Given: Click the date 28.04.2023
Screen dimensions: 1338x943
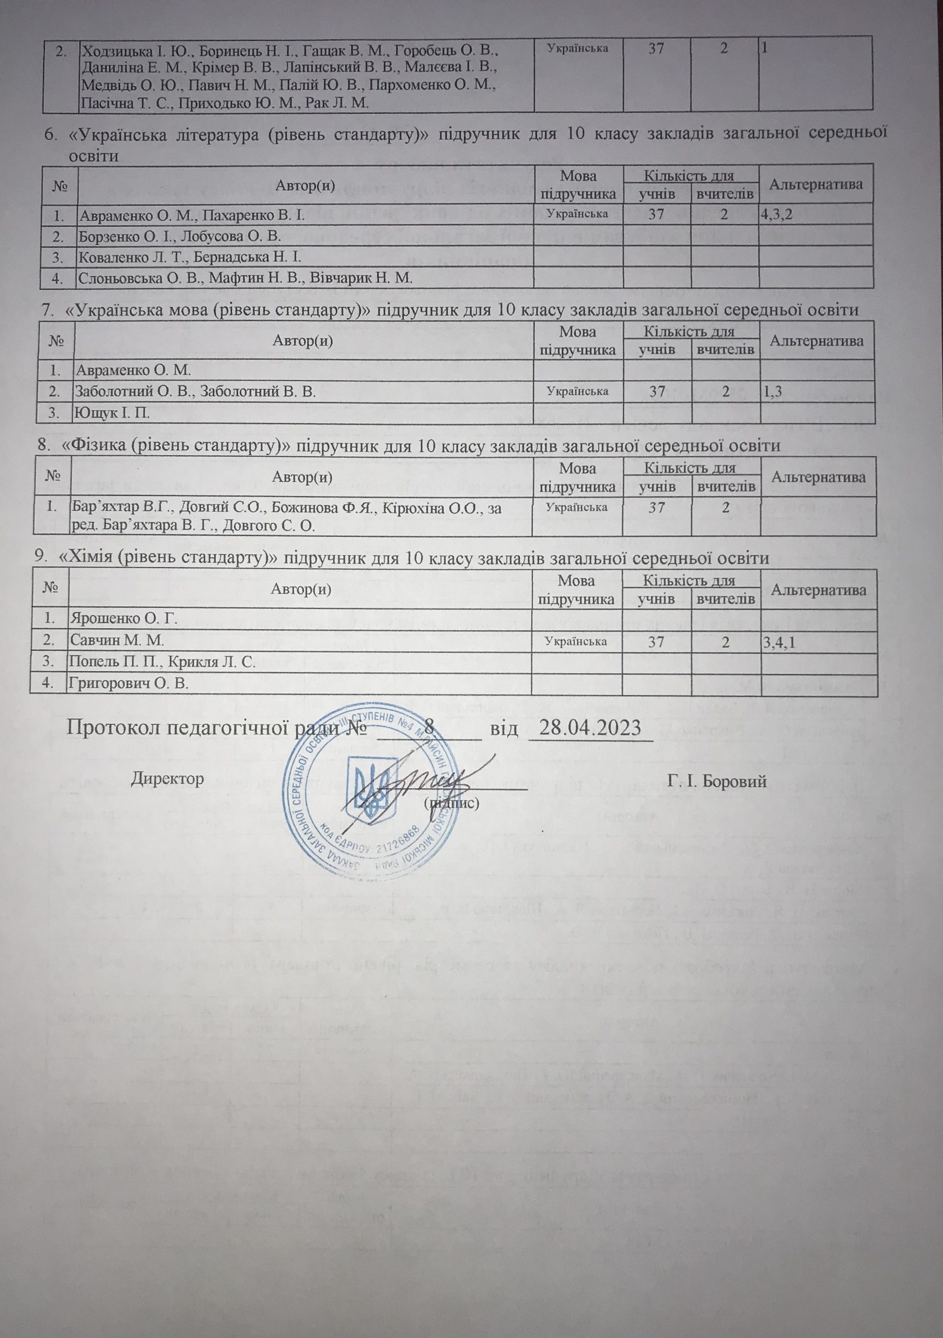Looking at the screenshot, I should (590, 728).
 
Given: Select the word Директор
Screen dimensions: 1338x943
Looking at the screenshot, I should (168, 779).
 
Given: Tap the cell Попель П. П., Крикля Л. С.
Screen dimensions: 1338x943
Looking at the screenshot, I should (162, 662).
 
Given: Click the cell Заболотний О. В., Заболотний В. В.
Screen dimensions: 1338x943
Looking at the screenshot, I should (195, 391).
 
